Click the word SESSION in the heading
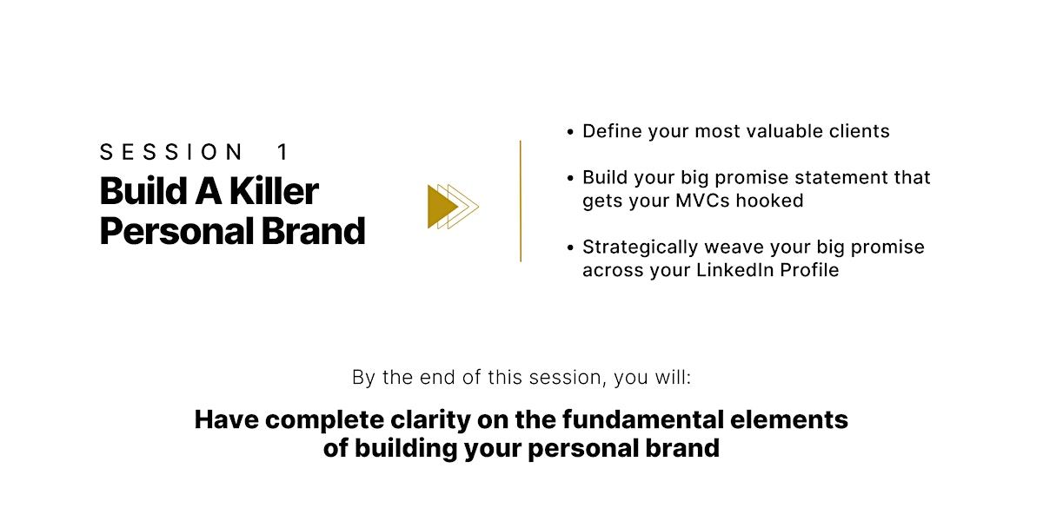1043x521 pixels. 171,152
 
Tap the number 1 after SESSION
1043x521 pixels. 282,152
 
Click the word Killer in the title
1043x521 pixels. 274,191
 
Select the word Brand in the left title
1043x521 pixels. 313,231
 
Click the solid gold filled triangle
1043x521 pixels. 441,207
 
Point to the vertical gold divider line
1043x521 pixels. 520,201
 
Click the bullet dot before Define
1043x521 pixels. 570,132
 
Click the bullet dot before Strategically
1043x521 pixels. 570,247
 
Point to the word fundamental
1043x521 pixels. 642,419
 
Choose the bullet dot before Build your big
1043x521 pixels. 570,178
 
